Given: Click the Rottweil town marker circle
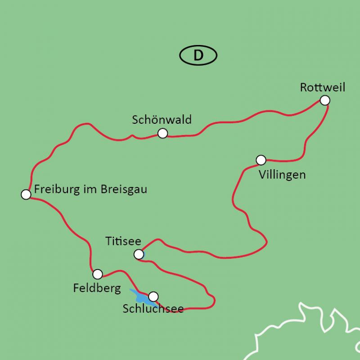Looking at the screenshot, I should (x=325, y=100).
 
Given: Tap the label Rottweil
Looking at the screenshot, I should (x=323, y=87).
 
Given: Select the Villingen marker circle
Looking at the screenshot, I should (x=261, y=160).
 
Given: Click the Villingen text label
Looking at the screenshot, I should (x=282, y=175).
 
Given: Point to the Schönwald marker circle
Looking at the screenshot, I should (x=163, y=133).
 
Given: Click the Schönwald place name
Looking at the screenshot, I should (x=162, y=120).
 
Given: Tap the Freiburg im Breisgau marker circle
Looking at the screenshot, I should (x=26, y=194).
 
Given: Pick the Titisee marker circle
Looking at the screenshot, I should (x=139, y=255).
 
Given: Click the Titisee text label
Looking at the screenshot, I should (x=123, y=241).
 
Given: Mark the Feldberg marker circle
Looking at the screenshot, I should (x=97, y=274).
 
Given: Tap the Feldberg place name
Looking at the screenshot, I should (x=97, y=288).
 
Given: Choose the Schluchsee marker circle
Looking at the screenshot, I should (x=153, y=296).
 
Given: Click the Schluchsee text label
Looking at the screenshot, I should (x=153, y=310).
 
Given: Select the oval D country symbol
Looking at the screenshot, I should (x=198, y=55).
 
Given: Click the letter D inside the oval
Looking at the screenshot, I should (x=198, y=55).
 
